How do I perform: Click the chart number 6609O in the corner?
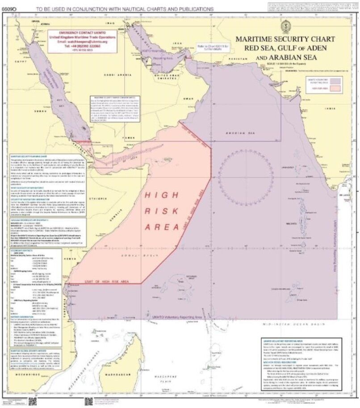pyautogui.click(x=10, y=9)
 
